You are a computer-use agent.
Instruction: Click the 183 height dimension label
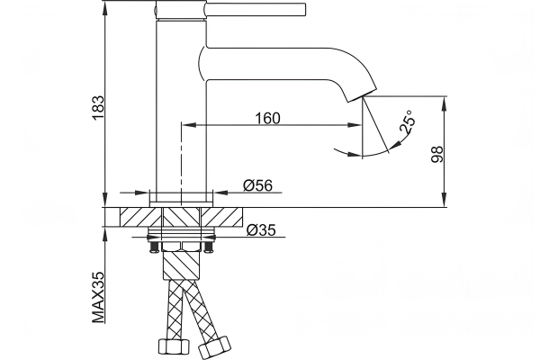98,107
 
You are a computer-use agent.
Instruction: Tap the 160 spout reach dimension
267,118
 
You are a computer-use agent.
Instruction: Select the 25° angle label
407,121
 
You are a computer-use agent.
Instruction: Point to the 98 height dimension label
436,154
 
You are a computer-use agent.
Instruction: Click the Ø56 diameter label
257,185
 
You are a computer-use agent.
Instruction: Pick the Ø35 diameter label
261,229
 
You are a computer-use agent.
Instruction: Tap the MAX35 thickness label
98,297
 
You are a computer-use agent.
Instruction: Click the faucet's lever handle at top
256,9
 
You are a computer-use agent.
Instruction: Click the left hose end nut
174,349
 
